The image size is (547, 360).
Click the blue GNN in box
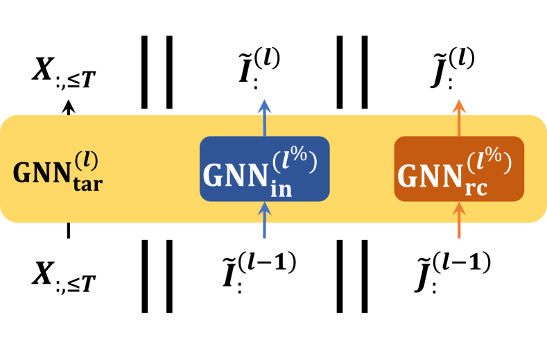click(264, 169)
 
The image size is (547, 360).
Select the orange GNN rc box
click(458, 169)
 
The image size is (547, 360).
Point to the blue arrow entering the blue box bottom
click(264, 220)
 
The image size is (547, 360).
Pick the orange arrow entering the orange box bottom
click(458, 220)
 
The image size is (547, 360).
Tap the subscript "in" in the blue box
click(280, 188)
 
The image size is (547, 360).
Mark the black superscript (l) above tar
click(88, 159)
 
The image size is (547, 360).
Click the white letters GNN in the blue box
click(234, 176)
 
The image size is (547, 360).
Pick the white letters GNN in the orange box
click(429, 176)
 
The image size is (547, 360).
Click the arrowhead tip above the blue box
click(264, 102)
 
